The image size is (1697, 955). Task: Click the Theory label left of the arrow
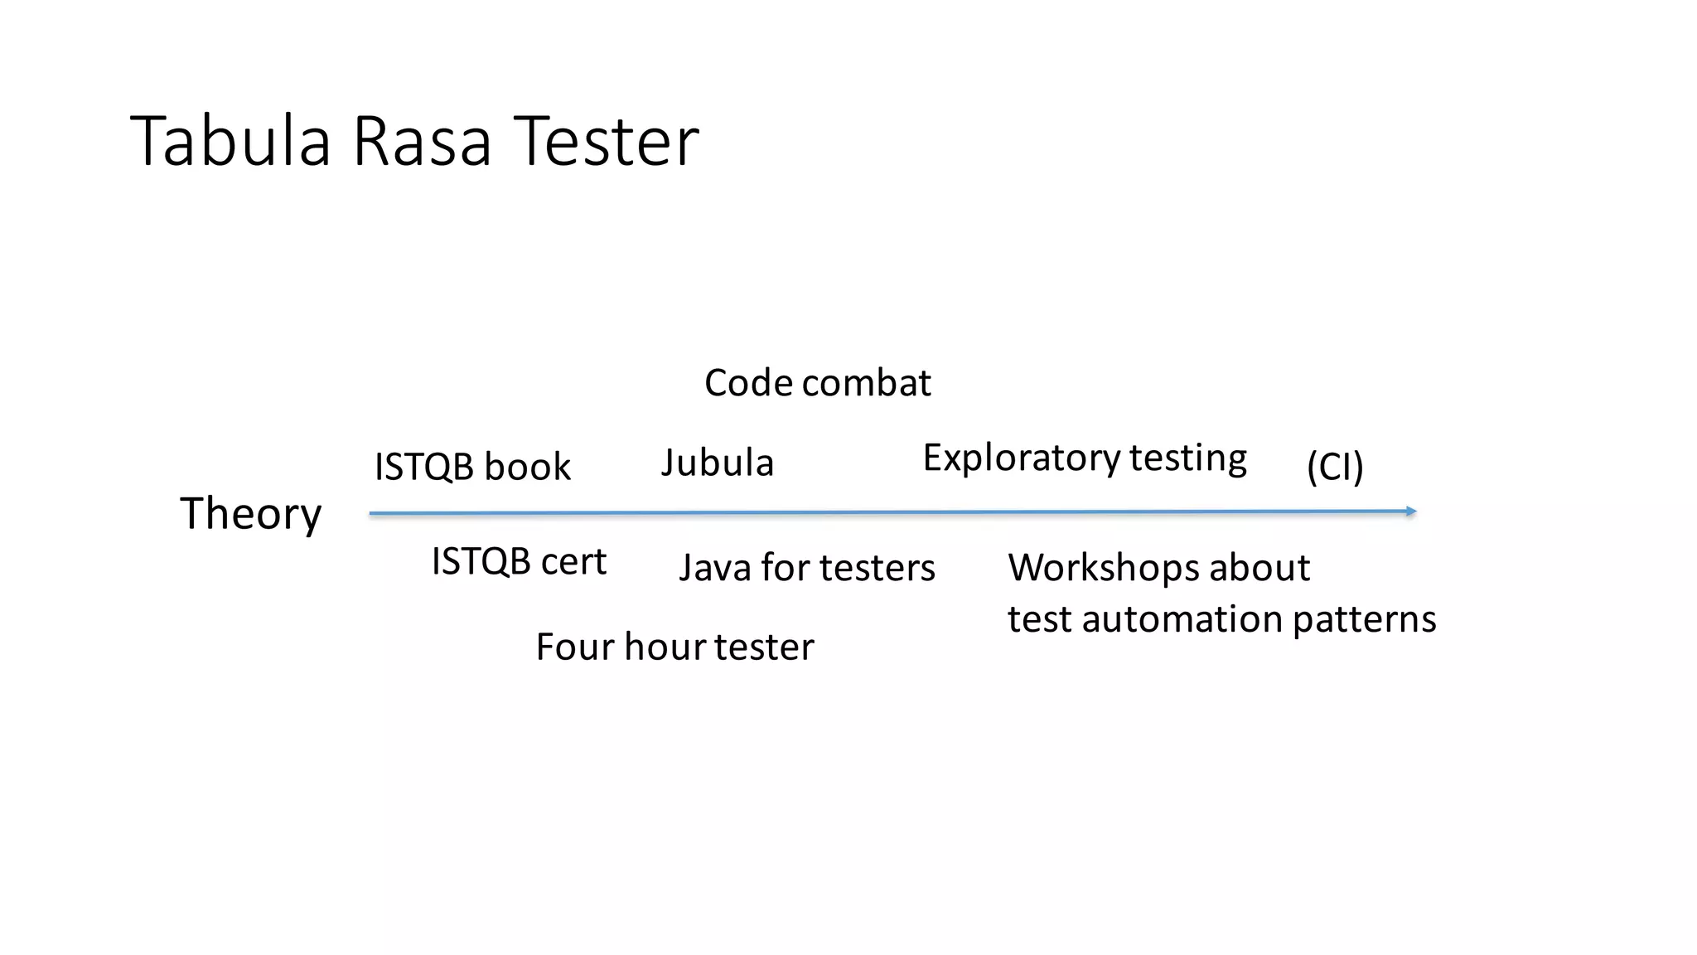click(x=250, y=514)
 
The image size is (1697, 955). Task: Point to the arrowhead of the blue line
click(x=1411, y=511)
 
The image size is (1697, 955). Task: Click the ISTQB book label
click(x=472, y=467)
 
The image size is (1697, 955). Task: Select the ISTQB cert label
click(x=519, y=562)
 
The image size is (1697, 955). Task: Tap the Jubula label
click(x=717, y=463)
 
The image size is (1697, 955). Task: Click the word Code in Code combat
click(x=748, y=383)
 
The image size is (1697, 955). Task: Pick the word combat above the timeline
click(x=867, y=383)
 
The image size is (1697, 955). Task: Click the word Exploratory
click(x=1021, y=458)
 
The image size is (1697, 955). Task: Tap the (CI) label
click(x=1335, y=467)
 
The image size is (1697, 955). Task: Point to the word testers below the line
click(x=878, y=569)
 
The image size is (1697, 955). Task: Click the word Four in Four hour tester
click(x=575, y=647)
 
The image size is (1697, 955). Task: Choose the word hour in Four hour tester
click(x=665, y=647)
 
